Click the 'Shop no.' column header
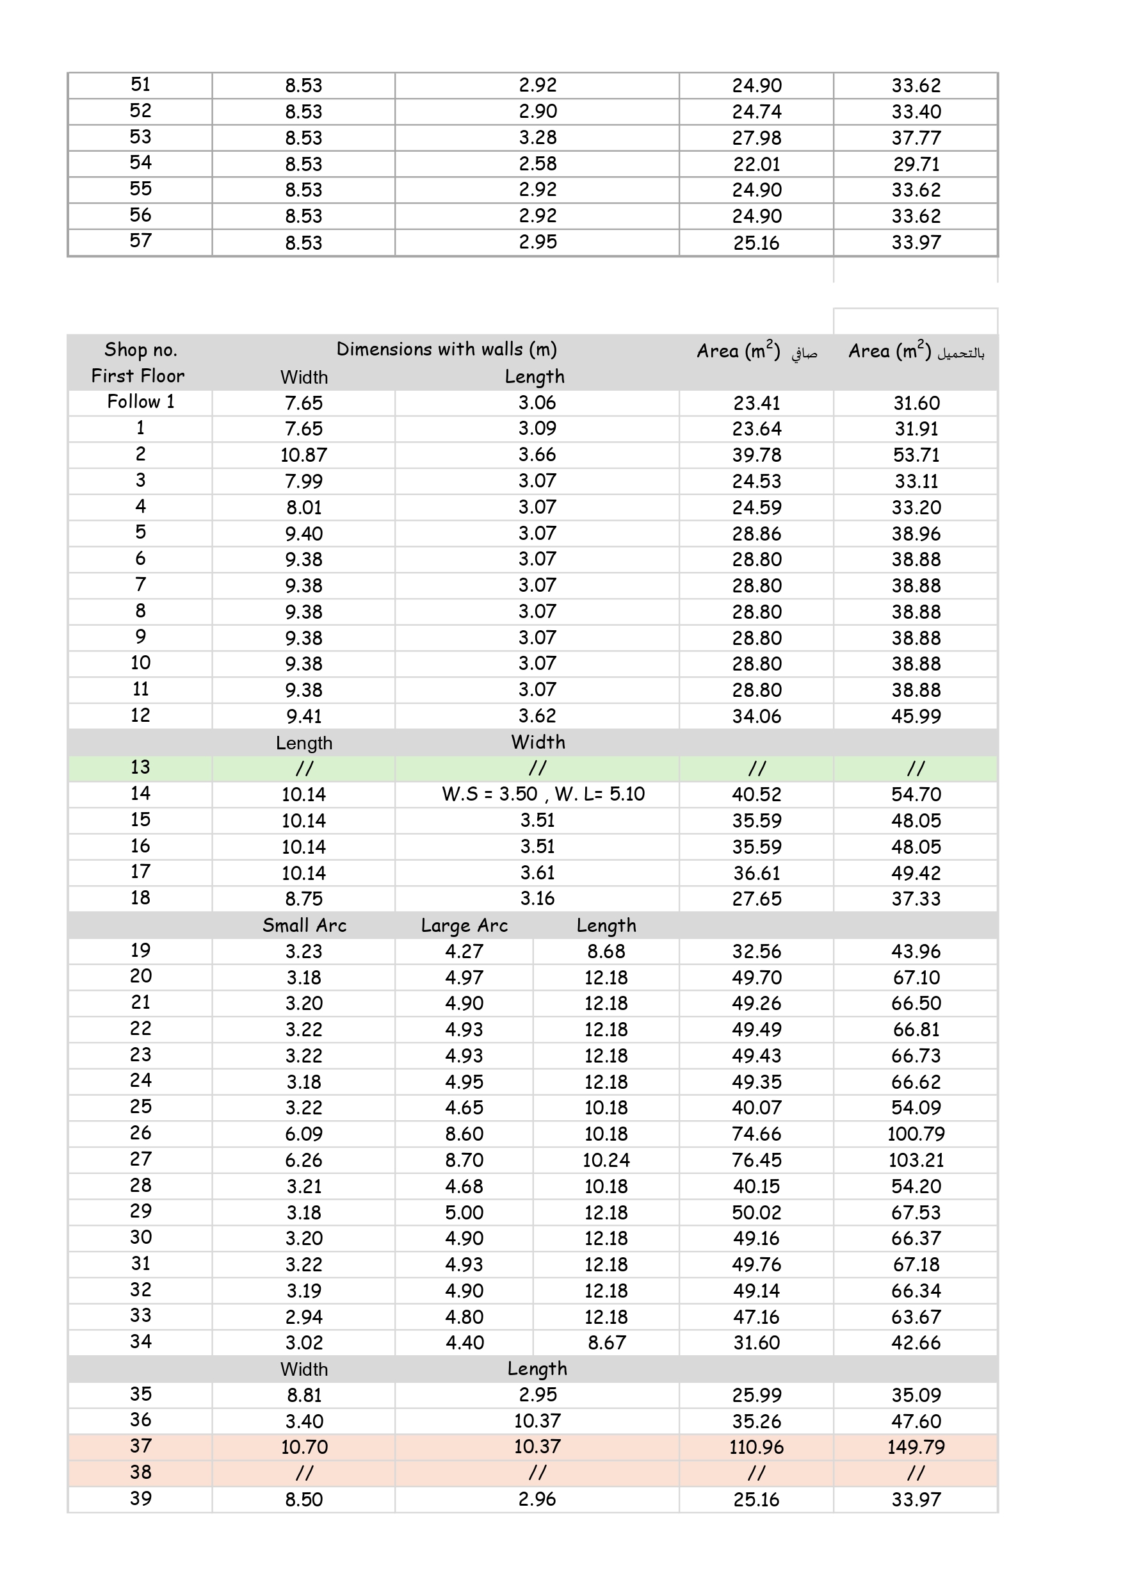click(x=140, y=350)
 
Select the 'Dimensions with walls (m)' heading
click(x=446, y=349)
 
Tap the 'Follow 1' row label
click(x=140, y=402)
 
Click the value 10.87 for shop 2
click(x=303, y=455)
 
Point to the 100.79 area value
click(x=916, y=1134)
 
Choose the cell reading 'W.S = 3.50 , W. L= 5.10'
click(x=543, y=794)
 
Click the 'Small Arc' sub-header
click(x=303, y=925)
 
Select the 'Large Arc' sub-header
click(x=464, y=925)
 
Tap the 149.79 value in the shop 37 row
click(x=916, y=1446)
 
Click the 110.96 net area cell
click(x=756, y=1446)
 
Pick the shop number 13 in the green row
click(x=140, y=767)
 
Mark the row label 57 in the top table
click(x=140, y=241)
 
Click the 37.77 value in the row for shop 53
click(x=916, y=138)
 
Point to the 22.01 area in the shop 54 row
click(x=756, y=164)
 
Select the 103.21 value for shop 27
click(x=916, y=1160)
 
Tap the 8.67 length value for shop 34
click(x=606, y=1342)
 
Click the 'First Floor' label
click(x=138, y=376)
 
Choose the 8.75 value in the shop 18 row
click(x=303, y=899)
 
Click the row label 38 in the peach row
click(x=140, y=1472)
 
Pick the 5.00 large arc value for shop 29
click(x=464, y=1212)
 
